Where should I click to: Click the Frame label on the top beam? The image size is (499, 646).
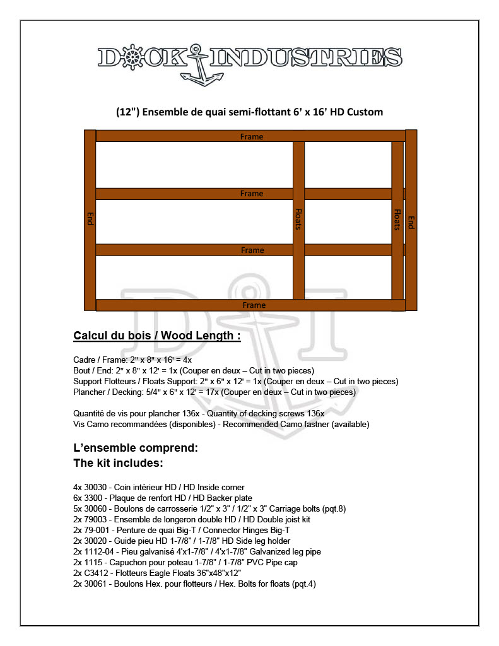coord(252,136)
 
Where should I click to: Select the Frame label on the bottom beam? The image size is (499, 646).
coord(254,305)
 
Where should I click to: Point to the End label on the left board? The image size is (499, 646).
coord(90,219)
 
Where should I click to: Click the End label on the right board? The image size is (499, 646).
coord(411,222)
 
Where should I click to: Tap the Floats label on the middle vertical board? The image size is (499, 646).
coord(298,220)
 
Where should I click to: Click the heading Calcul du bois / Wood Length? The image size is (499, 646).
coord(157,336)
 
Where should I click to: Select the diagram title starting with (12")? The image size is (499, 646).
coord(250,112)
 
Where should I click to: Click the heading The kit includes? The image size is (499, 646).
coord(119,464)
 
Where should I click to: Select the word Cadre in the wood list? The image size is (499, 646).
coord(85,360)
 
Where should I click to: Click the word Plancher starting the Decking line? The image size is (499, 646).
coord(89,392)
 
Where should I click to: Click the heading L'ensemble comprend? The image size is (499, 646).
coord(136,449)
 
